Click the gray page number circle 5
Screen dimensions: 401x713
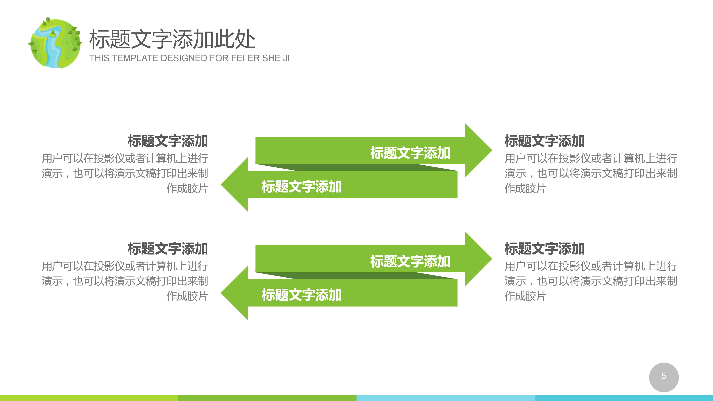tap(663, 377)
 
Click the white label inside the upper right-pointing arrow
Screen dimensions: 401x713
tap(410, 153)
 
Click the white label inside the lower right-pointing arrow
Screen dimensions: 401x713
tap(410, 261)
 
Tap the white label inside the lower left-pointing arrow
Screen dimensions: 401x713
tap(301, 295)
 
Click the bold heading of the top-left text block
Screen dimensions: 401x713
tap(167, 141)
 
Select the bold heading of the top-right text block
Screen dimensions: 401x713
tap(544, 141)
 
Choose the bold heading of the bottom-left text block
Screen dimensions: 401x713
tap(167, 249)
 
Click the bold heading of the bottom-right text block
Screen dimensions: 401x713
tap(544, 249)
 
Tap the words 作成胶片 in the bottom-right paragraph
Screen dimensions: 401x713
tap(525, 296)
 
